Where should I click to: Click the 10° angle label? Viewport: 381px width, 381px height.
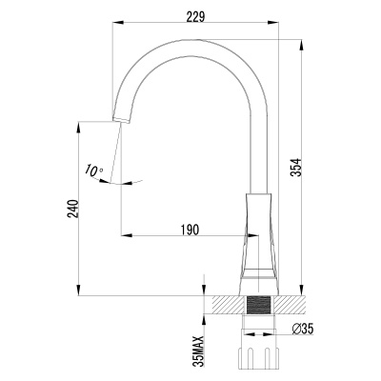point(93,171)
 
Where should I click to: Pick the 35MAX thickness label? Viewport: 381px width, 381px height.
point(198,351)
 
